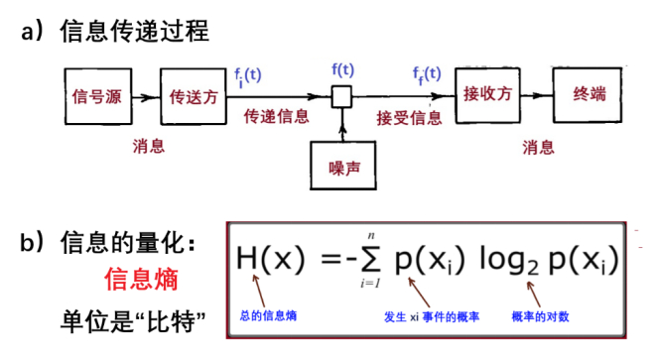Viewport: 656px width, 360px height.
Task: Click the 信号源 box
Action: coord(97,98)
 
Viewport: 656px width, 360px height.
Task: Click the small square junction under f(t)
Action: coord(341,96)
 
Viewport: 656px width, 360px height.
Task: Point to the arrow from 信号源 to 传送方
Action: coord(146,98)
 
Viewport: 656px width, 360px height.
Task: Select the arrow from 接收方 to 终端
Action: coord(537,97)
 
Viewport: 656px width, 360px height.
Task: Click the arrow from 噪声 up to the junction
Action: coord(342,124)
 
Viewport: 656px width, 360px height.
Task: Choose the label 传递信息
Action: coord(277,117)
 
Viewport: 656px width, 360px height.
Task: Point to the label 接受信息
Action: coord(409,117)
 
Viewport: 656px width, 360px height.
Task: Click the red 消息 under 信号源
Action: coord(149,147)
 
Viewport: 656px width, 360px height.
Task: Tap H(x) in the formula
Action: coord(270,260)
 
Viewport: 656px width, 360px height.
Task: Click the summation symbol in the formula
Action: coord(368,260)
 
